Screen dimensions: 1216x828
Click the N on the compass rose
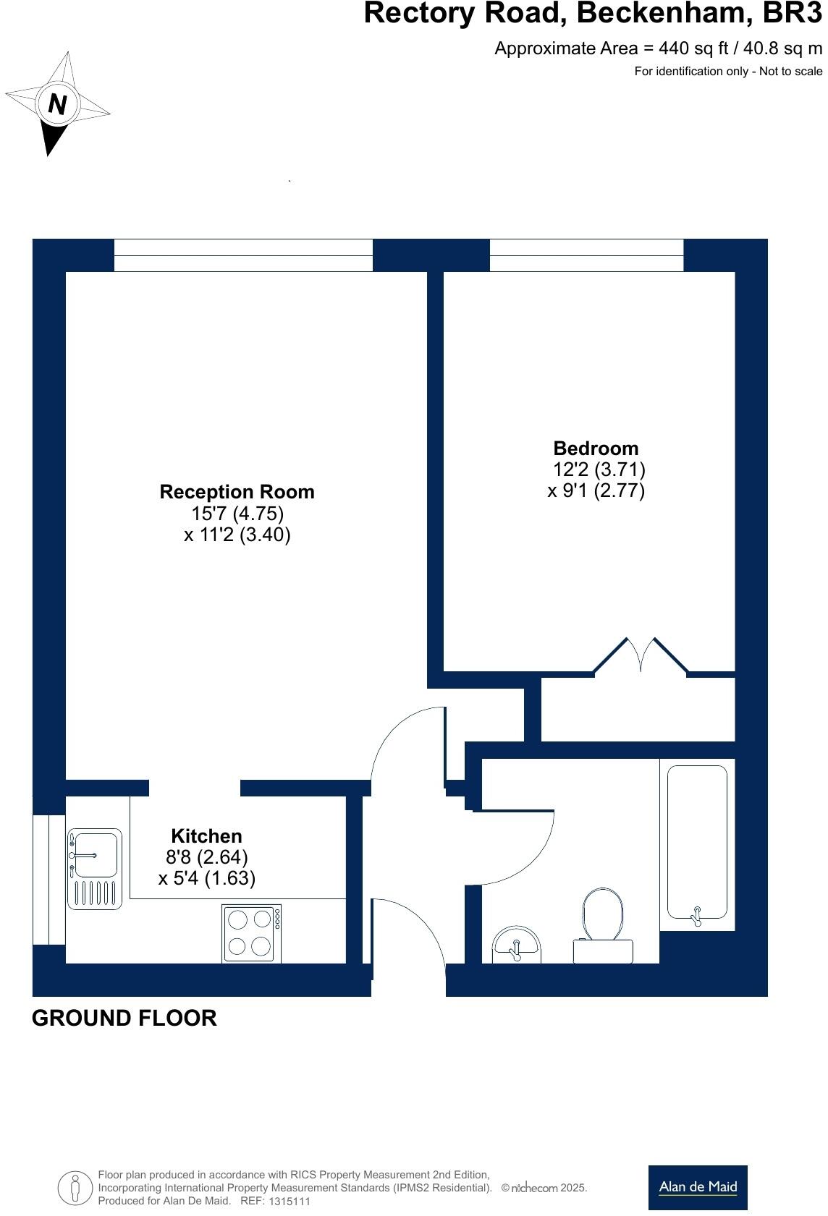[x=57, y=104]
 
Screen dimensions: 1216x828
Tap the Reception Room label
[x=237, y=492]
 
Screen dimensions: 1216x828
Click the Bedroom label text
[x=596, y=448]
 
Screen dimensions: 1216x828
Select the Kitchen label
[x=206, y=836]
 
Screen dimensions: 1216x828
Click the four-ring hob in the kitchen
[x=250, y=933]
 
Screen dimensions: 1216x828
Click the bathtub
[x=696, y=843]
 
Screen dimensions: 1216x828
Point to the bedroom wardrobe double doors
[x=641, y=657]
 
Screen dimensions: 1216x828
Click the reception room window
[x=243, y=255]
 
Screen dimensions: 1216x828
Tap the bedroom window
[x=586, y=255]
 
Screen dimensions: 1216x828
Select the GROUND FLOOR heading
[x=124, y=1018]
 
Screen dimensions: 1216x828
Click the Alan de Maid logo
[x=697, y=1187]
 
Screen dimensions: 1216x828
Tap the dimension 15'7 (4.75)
[x=237, y=514]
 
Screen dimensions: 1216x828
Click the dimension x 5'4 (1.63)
[x=206, y=878]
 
